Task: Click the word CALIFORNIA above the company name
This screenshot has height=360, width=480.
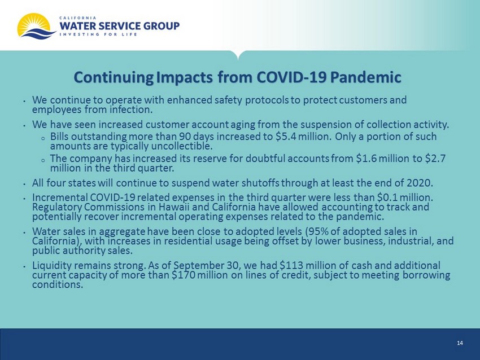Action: coord(78,17)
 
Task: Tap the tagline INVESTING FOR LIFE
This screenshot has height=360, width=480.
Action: coord(98,34)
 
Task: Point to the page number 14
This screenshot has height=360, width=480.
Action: coord(460,343)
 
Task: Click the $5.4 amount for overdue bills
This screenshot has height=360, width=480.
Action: coord(286,137)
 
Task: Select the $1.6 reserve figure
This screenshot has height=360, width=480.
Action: coord(366,159)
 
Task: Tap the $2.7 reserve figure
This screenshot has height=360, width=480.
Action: coord(435,159)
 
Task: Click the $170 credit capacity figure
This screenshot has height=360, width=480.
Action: coord(184,275)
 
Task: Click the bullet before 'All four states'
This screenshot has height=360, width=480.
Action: coord(24,184)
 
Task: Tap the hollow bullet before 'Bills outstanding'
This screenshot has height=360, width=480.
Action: coord(43,138)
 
